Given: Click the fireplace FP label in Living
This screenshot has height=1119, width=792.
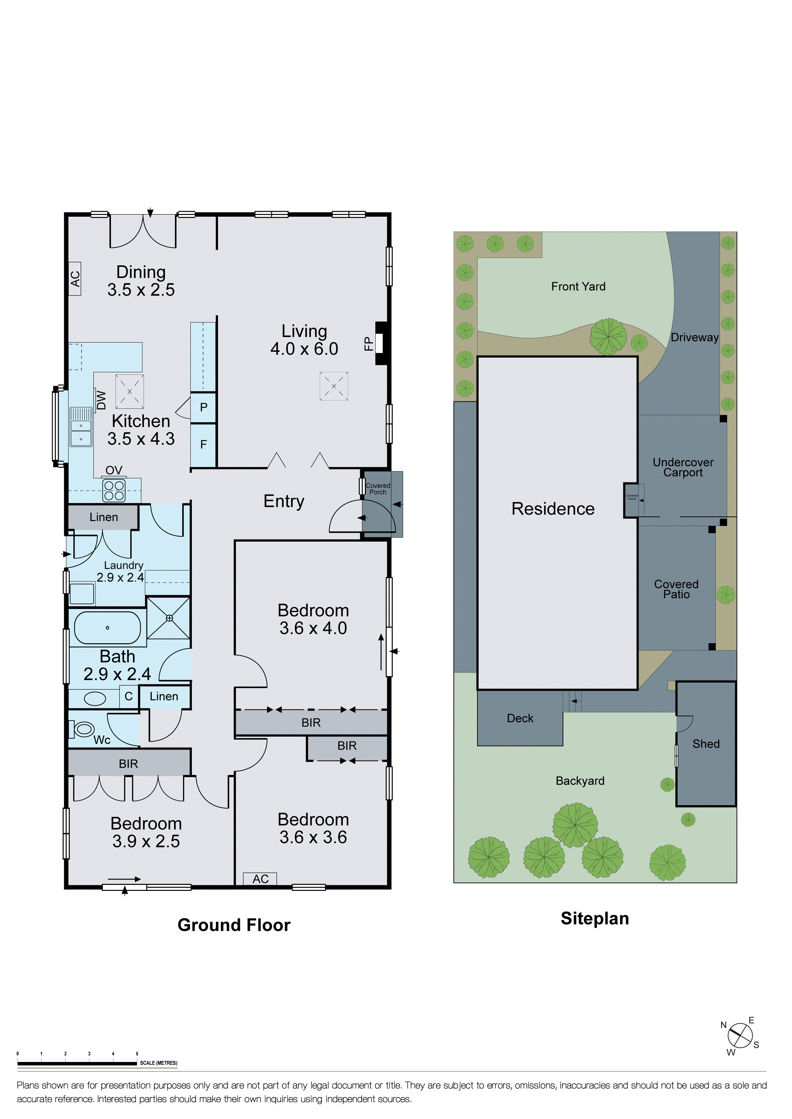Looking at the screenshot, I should [369, 344].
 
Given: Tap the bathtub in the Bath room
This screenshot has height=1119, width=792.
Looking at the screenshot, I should [107, 628].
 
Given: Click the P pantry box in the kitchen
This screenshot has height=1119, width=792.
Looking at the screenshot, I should [203, 407].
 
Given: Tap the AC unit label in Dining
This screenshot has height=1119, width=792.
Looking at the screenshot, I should [74, 279].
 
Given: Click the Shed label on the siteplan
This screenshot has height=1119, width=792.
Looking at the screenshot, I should [706, 744].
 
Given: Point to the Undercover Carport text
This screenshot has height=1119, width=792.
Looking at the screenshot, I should [683, 467].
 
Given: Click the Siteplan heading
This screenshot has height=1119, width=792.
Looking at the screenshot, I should [595, 919].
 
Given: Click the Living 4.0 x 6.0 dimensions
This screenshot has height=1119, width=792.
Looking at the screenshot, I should [304, 349].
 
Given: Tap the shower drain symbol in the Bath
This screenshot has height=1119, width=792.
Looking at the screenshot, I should [169, 618].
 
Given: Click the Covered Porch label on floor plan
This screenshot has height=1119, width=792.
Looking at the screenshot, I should [378, 489].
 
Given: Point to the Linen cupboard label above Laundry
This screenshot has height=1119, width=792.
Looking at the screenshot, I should [104, 517].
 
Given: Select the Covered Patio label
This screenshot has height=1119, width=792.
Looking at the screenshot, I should [676, 589].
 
